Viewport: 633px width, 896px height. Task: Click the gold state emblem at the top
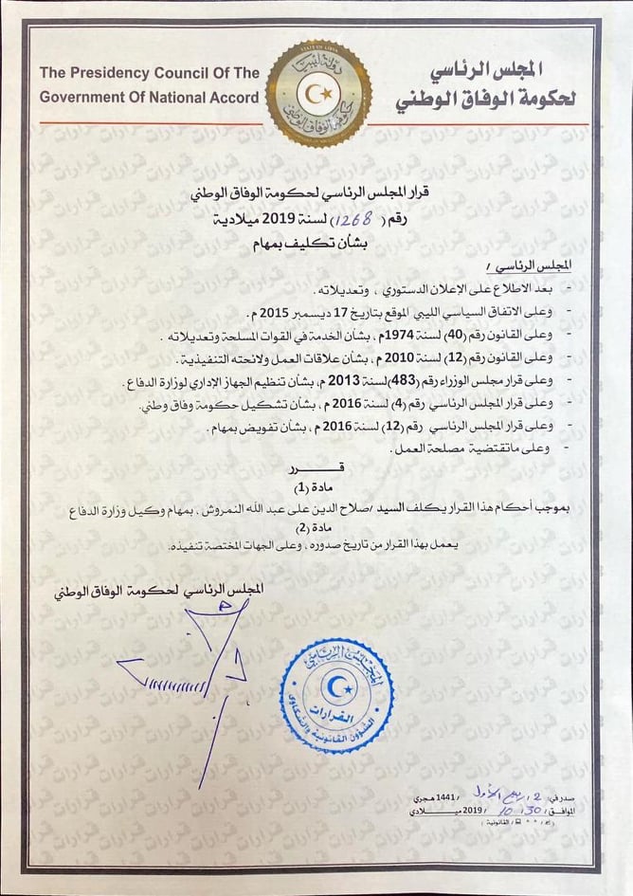point(316,93)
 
